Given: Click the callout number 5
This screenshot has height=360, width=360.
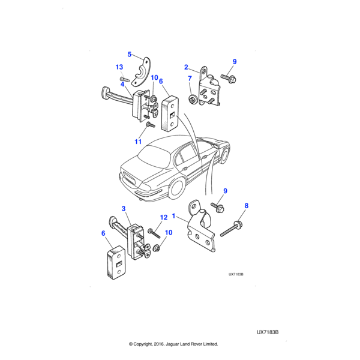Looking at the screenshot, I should click(129, 55).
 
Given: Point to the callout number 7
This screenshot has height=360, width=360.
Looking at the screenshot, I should click(190, 79).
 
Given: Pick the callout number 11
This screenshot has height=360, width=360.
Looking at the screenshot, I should click(137, 142).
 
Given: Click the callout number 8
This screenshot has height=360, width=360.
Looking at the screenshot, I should click(246, 205).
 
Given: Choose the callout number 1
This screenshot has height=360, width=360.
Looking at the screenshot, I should click(174, 215).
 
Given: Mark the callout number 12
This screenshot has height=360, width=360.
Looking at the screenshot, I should click(163, 218).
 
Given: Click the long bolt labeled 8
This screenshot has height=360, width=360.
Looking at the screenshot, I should click(231, 229).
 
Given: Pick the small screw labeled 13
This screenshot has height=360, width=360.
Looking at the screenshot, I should click(124, 79).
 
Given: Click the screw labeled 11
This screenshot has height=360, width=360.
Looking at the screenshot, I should click(151, 125).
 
